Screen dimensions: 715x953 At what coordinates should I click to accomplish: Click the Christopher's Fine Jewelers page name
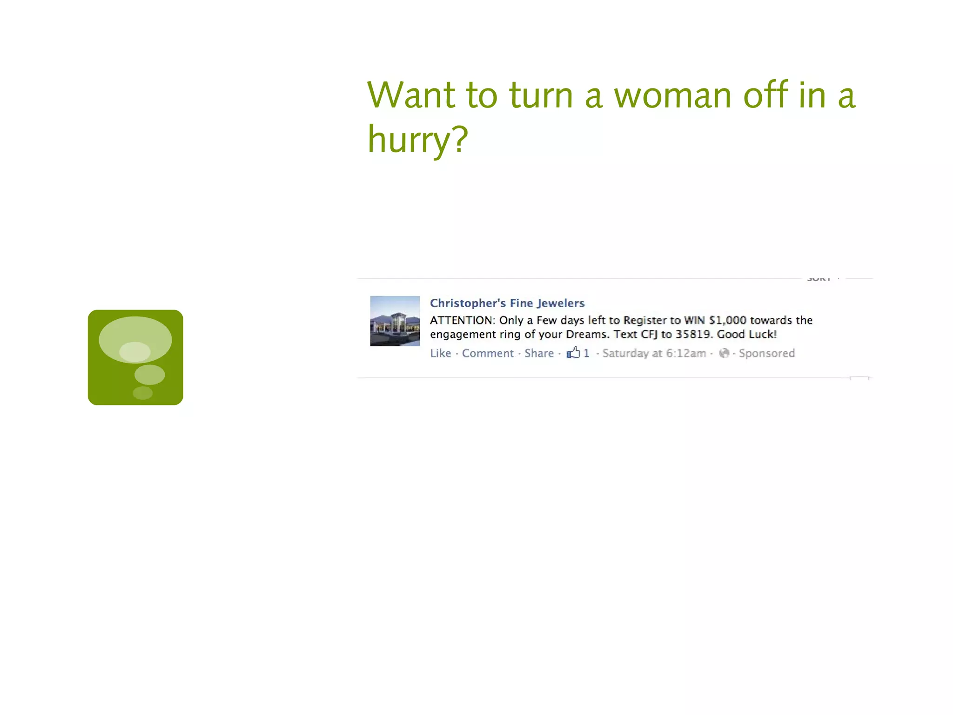(x=507, y=303)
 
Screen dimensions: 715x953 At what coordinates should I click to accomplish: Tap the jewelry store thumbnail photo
(x=395, y=321)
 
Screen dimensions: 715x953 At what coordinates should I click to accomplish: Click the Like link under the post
(x=440, y=353)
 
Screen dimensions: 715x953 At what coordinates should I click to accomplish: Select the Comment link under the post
(x=488, y=353)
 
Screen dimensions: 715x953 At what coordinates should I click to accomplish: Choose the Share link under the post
(x=539, y=353)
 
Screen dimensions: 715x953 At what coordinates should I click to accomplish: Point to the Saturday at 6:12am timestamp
(x=654, y=353)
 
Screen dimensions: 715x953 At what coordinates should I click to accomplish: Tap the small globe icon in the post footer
(x=724, y=353)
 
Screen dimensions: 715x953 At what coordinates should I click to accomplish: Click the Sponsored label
(x=767, y=353)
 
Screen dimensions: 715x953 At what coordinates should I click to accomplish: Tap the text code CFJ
(x=649, y=334)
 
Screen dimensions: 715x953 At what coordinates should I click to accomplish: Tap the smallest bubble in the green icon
(x=142, y=393)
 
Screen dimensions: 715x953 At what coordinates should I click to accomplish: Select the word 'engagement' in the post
(x=463, y=335)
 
